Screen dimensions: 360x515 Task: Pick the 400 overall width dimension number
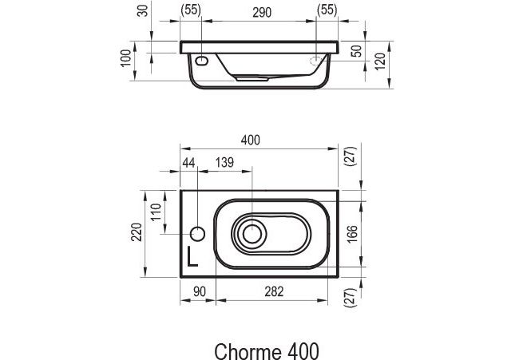coord(251,140)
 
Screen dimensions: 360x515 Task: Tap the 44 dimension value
coord(188,163)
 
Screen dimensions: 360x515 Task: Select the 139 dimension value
coord(224,163)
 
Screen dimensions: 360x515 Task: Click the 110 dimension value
coord(156,213)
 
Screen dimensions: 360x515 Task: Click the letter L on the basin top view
coord(192,255)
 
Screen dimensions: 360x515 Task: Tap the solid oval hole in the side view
coord(201,61)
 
